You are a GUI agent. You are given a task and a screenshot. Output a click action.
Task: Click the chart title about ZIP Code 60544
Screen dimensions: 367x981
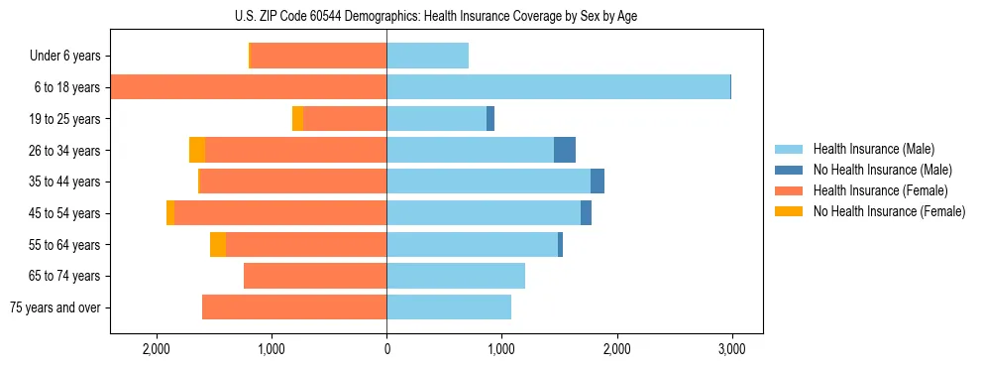tap(436, 16)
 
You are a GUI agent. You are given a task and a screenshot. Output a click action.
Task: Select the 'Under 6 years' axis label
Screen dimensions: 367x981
tap(64, 56)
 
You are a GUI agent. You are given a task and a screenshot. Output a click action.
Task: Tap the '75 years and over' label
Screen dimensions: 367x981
tap(54, 307)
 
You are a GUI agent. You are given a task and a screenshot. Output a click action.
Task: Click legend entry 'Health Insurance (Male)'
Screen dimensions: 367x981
tap(873, 149)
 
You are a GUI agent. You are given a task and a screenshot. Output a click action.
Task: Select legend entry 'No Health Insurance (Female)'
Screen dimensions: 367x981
tap(889, 211)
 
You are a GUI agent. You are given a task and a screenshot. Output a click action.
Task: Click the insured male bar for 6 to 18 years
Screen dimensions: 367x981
tap(558, 87)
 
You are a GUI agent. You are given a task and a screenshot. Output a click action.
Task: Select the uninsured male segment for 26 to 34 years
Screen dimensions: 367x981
tap(565, 150)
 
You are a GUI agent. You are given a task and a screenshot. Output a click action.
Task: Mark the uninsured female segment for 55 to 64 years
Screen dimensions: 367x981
tap(218, 244)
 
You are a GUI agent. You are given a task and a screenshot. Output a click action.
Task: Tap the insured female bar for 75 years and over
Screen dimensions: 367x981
tap(294, 307)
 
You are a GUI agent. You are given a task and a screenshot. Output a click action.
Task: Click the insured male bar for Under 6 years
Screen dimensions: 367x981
tap(427, 56)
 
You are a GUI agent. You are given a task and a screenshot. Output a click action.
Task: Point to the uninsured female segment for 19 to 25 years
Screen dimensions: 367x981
tap(298, 118)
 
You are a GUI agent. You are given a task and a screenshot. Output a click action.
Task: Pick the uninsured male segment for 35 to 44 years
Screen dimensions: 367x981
tap(598, 182)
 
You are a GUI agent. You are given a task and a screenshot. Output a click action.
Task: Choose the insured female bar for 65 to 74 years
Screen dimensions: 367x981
tap(315, 276)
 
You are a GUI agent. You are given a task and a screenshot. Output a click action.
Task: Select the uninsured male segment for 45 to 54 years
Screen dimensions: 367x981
tap(586, 212)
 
